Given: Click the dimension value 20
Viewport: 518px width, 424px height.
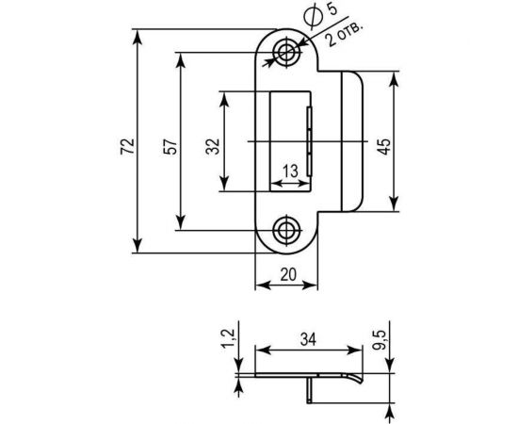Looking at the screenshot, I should click(288, 274).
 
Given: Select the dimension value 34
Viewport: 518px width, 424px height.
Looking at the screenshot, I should click(308, 337).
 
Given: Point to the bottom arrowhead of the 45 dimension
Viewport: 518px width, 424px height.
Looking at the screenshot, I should click(393, 205).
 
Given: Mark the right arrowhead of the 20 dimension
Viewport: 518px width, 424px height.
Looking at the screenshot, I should click(316, 287).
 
